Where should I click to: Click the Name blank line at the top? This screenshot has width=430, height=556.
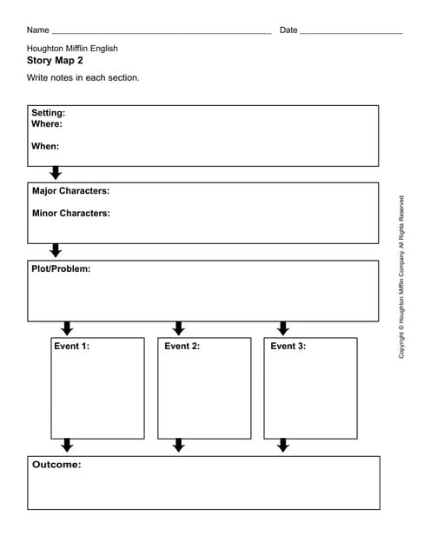tap(162, 31)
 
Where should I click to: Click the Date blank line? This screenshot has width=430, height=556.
tap(351, 31)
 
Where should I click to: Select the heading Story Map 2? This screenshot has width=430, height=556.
tap(56, 61)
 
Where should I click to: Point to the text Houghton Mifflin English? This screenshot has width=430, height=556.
tap(72, 49)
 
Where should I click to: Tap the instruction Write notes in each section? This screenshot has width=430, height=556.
tap(83, 77)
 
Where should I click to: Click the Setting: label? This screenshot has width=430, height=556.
tap(49, 113)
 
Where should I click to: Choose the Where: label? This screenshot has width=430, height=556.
tap(47, 124)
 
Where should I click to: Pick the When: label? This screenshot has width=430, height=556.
tap(45, 146)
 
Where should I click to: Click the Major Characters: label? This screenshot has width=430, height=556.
tap(70, 190)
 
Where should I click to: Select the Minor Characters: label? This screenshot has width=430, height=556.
tap(70, 213)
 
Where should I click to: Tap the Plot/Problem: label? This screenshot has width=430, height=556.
tap(61, 268)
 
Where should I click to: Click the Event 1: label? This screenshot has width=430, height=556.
tap(71, 346)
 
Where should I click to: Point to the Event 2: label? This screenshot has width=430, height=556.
tap(182, 346)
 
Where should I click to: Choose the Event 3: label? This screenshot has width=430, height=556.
tap(288, 346)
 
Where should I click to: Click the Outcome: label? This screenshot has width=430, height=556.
tap(56, 465)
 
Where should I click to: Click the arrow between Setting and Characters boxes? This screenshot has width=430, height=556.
tap(56, 173)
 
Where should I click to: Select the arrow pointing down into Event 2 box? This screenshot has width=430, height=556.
tap(179, 328)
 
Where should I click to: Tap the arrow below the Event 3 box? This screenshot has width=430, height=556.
tap(282, 446)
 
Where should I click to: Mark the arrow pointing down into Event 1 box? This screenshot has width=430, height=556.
tap(67, 328)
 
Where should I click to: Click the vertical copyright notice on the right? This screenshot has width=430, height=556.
tap(401, 276)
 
